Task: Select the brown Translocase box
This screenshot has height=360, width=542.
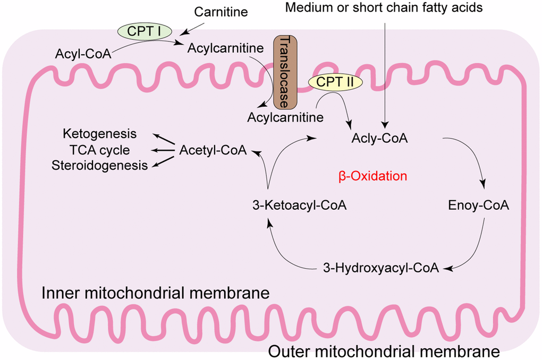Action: [286, 72]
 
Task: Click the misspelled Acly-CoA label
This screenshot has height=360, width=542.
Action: [379, 139]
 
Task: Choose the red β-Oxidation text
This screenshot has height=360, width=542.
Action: [372, 176]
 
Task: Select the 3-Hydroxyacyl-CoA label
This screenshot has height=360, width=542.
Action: [381, 268]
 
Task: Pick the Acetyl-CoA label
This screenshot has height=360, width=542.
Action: [213, 150]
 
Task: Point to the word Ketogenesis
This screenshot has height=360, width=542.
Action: [99, 133]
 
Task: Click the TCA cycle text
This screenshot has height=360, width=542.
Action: [99, 150]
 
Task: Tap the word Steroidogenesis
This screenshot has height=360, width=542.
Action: [99, 166]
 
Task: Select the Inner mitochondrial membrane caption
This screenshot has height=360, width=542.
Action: [155, 293]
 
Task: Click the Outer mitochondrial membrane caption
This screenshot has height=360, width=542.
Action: [384, 351]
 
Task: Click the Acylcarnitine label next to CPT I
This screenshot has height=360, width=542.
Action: [225, 48]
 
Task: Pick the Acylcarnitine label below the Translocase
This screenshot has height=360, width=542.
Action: [285, 116]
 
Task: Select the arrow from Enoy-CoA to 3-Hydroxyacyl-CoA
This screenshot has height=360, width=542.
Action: [475, 250]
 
